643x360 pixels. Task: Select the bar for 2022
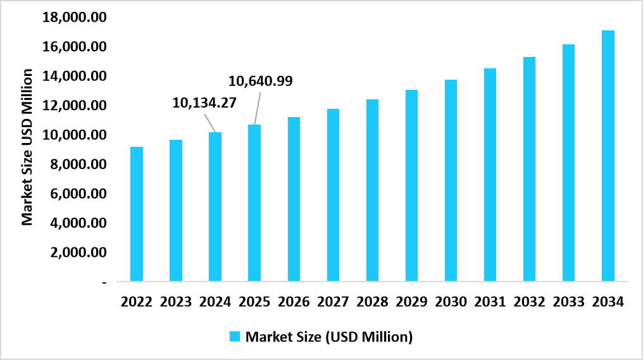136,214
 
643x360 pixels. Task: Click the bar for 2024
215,206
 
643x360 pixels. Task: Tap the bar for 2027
333,195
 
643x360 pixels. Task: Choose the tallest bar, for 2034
608,156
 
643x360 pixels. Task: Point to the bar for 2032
530,169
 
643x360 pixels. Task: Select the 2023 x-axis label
176,302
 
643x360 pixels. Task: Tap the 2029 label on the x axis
412,302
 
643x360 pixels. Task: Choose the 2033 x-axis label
569,302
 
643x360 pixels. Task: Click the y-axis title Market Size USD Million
27,147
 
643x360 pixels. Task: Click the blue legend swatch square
235,337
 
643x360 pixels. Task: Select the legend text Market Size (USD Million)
329,337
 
